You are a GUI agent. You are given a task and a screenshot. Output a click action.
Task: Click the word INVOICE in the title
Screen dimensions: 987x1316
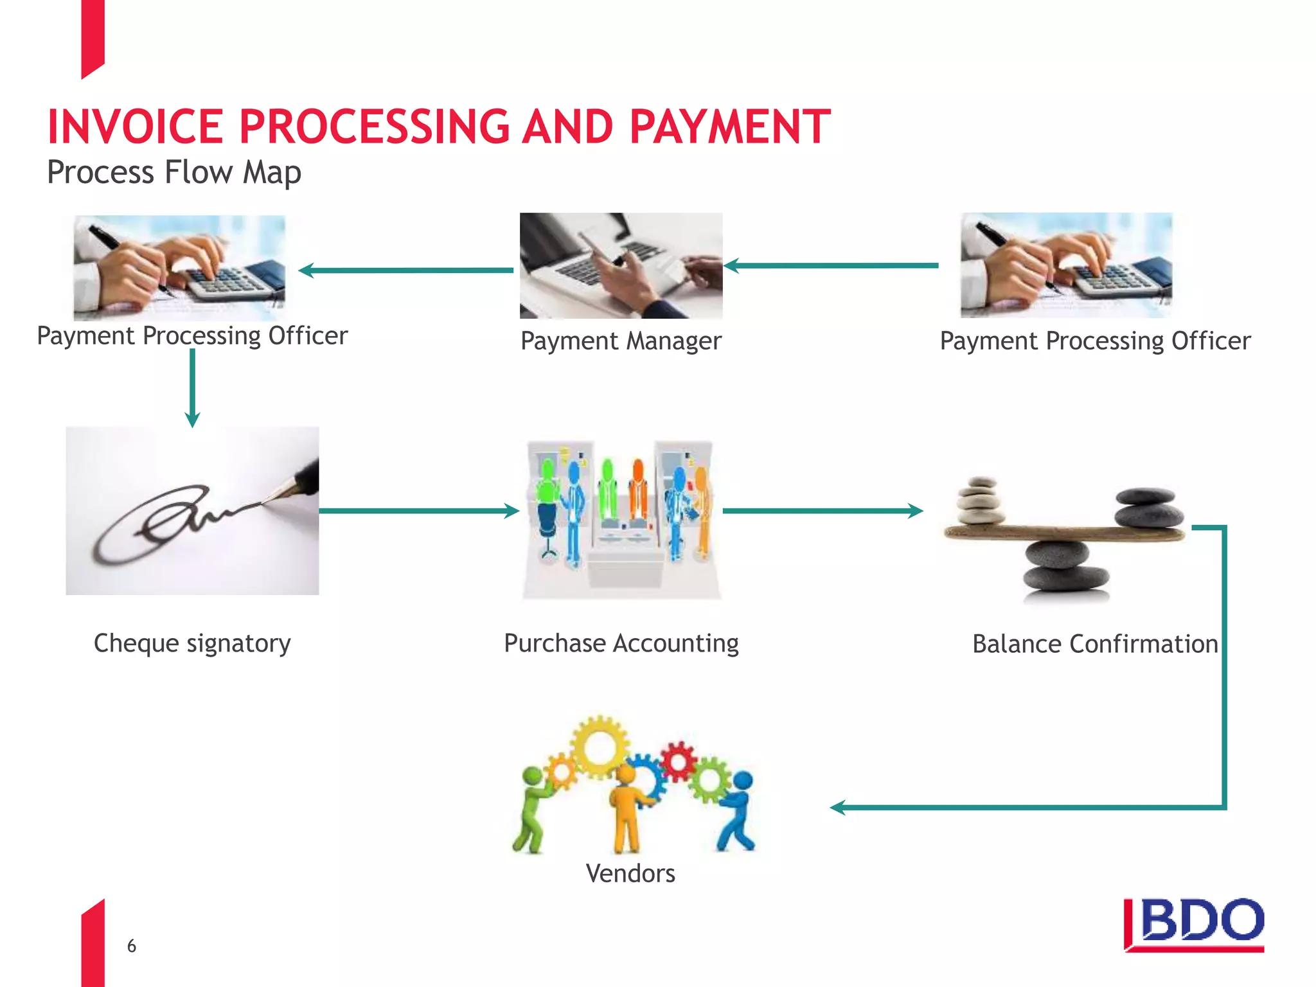tap(136, 127)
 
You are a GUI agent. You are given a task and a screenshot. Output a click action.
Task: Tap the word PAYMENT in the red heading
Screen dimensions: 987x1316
tap(730, 127)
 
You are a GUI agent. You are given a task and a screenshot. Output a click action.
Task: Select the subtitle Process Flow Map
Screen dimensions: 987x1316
tap(174, 172)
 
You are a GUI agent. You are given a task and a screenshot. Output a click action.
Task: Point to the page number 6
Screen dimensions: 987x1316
tap(132, 946)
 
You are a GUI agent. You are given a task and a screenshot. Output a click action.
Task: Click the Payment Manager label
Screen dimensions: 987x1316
tap(621, 341)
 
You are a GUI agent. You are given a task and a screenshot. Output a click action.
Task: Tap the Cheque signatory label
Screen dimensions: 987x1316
tap(192, 643)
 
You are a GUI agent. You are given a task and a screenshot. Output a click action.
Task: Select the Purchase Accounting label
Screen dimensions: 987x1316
tap(621, 643)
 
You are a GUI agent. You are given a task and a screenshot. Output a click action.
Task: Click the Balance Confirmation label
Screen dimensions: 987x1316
tap(1094, 644)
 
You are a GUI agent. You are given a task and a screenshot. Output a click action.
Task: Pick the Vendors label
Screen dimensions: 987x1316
tap(630, 873)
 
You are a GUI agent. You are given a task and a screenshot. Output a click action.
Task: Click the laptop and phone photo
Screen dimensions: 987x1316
tap(621, 265)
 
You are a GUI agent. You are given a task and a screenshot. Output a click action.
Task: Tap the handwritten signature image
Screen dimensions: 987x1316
tap(192, 511)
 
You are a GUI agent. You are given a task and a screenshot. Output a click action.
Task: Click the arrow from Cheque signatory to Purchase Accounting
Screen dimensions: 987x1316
tap(418, 511)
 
